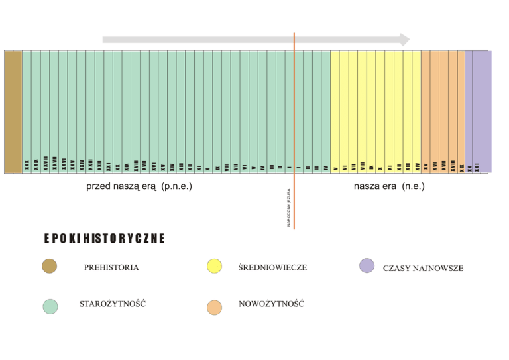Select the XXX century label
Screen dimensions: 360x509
coord(27,164)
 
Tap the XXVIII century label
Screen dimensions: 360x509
coord(45,162)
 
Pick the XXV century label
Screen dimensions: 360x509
coord(72,164)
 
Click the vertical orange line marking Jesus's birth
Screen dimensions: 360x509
coord(294,99)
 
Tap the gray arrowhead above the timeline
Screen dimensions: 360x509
coord(402,40)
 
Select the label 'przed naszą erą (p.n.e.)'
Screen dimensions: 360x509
coord(139,186)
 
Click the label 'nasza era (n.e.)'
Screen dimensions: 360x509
coord(389,186)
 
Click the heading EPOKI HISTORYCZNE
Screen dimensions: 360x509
coord(104,238)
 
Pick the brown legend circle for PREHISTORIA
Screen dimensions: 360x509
coord(49,267)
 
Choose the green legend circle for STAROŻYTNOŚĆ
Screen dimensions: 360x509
coord(49,306)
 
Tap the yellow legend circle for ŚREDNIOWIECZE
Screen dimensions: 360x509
coord(214,267)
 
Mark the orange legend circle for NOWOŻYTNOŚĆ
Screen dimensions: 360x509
coord(214,307)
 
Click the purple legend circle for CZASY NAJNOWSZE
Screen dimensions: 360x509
coord(367,266)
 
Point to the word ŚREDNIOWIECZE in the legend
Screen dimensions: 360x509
coord(272,267)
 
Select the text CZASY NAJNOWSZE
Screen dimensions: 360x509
coord(423,269)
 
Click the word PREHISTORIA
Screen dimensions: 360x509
coord(111,268)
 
